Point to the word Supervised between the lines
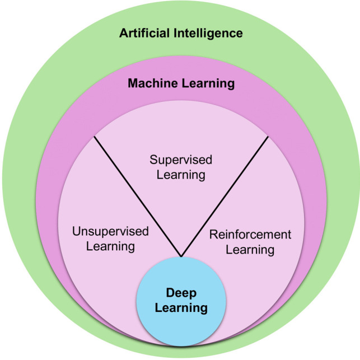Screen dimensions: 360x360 tap(181, 160)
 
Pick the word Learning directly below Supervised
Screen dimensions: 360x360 tap(181, 175)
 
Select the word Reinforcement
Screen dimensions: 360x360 tap(250, 235)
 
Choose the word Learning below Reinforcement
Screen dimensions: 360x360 tap(250, 249)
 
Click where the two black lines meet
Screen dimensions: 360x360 tap(181, 258)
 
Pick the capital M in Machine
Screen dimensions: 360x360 tap(133, 84)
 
